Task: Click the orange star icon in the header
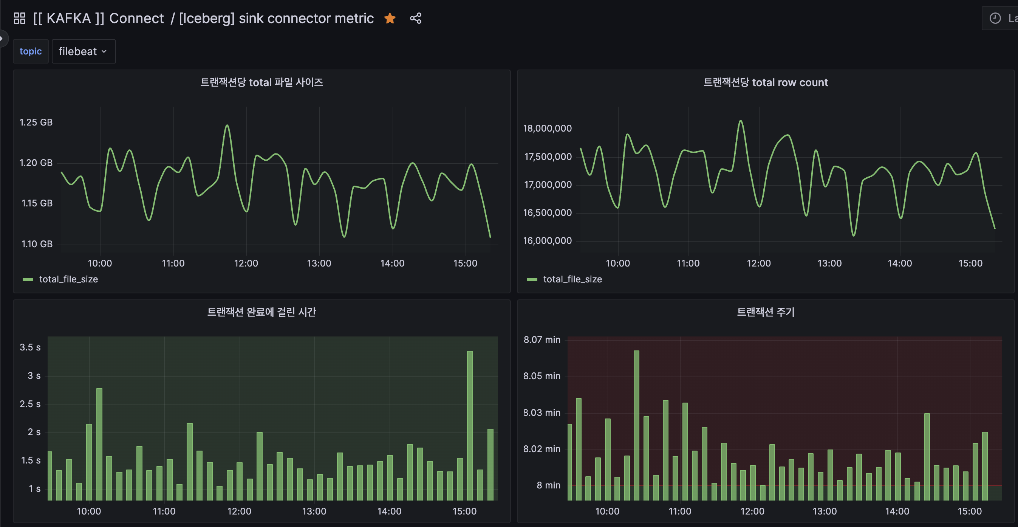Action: click(390, 18)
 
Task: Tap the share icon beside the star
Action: click(416, 18)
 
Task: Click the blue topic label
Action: click(31, 51)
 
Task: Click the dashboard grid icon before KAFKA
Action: click(19, 18)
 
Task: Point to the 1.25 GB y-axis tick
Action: click(36, 122)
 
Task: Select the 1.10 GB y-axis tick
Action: click(37, 244)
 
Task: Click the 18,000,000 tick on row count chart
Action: click(547, 128)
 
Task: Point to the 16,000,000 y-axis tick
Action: click(547, 240)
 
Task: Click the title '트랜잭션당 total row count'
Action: click(766, 82)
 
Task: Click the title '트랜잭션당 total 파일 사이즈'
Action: click(261, 82)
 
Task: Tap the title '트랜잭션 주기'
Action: click(766, 312)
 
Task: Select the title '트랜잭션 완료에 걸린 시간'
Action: click(261, 312)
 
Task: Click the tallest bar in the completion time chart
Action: click(470, 425)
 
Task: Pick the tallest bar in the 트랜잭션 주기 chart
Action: click(636, 425)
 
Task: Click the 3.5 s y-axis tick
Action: click(30, 347)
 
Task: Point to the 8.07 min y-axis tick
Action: click(542, 339)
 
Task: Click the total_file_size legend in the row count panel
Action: click(572, 279)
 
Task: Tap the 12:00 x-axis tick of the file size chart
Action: click(246, 263)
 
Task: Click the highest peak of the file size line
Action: click(227, 126)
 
